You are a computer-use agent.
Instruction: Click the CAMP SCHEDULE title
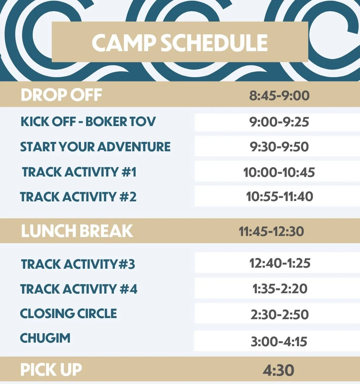pos(180,43)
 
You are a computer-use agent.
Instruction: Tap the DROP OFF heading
pos(62,95)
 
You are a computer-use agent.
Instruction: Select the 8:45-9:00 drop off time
pos(279,96)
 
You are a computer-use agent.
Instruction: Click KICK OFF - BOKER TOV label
pos(88,121)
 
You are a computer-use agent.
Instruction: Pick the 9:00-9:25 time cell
pos(279,122)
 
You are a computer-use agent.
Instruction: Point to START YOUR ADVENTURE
pos(95,147)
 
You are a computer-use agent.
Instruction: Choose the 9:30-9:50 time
pos(279,147)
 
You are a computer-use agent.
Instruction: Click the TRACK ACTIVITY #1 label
pos(79,172)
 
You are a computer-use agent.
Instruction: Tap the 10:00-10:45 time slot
pos(279,172)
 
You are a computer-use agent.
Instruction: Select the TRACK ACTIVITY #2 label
pos(78,197)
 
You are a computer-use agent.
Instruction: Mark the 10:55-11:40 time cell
pos(279,197)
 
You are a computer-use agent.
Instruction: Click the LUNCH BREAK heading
pos(77,231)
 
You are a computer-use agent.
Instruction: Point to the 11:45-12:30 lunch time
pos(271,231)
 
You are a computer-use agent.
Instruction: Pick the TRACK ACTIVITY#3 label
pos(78,264)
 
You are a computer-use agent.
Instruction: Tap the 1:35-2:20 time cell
pos(280,289)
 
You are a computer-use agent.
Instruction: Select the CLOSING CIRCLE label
pos(68,313)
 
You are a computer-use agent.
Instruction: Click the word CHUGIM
pos(45,338)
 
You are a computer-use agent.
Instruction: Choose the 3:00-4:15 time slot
pos(279,341)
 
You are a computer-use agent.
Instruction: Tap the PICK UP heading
pos(51,370)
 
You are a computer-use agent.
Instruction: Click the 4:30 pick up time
pos(278,370)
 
